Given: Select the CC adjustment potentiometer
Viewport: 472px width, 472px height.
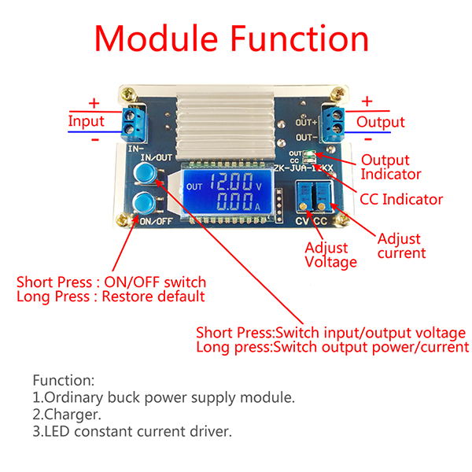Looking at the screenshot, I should coord(322,197).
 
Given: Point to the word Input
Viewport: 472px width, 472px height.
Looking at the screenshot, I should coord(86,121).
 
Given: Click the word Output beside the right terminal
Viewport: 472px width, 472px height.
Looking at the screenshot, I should coord(381,122).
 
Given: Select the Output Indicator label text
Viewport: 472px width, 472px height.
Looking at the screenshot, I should coord(390,167).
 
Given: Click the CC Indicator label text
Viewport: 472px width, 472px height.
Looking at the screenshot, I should coord(401,199).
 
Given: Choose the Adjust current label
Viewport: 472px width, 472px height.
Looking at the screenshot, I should coord(401,245).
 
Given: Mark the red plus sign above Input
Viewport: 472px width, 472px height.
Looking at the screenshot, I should coord(94,103).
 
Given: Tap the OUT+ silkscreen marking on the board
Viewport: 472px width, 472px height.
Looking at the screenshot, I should coord(306,123).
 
